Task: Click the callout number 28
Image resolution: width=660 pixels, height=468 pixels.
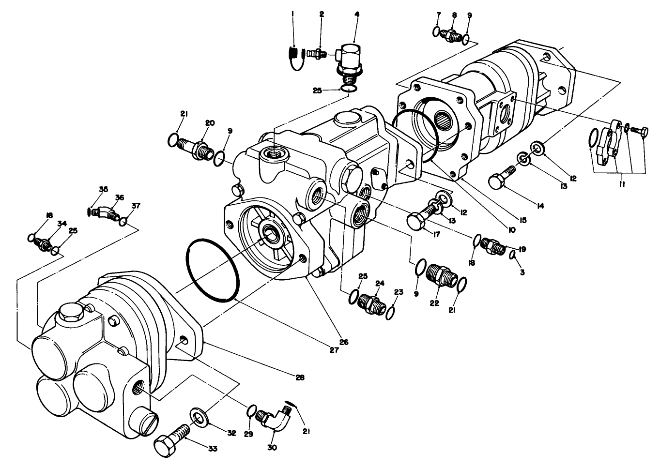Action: (x=300, y=377)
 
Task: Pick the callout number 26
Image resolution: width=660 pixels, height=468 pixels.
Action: (x=343, y=342)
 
